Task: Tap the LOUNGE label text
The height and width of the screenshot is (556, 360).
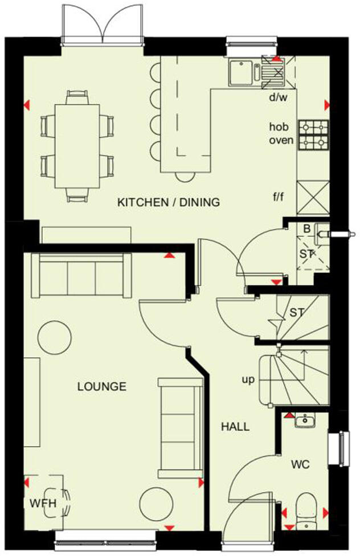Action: click(101, 386)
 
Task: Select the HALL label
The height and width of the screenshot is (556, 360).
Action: click(235, 426)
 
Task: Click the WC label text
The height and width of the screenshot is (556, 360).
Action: click(300, 465)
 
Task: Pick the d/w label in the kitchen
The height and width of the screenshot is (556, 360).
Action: click(278, 97)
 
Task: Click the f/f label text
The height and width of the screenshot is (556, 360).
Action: click(278, 198)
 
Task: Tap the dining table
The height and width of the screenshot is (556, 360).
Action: click(76, 145)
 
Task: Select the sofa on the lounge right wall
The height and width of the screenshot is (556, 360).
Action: click(180, 427)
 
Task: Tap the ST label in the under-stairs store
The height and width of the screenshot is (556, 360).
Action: click(296, 312)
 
